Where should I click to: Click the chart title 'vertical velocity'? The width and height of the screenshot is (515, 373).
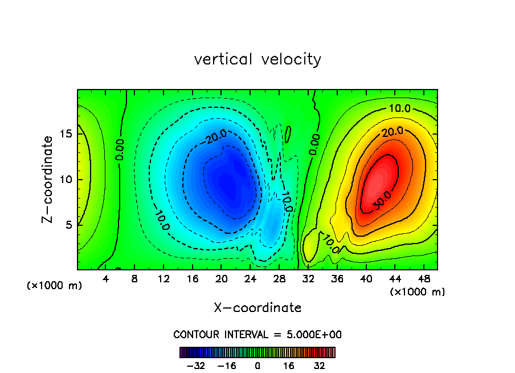click(x=257, y=59)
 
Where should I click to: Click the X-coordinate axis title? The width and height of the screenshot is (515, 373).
click(x=257, y=308)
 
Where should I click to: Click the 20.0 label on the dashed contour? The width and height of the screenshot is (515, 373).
click(x=217, y=136)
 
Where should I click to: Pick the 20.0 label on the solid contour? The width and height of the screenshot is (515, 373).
click(x=393, y=132)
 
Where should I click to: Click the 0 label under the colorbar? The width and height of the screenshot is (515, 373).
click(x=257, y=366)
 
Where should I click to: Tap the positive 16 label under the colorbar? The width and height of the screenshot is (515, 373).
click(x=289, y=366)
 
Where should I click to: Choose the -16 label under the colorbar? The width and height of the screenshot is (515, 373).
click(x=227, y=366)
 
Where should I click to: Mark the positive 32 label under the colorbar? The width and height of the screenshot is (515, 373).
click(x=319, y=366)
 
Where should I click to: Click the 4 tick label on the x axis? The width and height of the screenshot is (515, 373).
click(x=106, y=279)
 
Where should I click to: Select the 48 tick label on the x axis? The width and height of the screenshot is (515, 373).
click(x=423, y=279)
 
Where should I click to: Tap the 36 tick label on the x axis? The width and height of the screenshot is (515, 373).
click(x=337, y=279)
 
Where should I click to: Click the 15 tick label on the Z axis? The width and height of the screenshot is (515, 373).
click(x=64, y=135)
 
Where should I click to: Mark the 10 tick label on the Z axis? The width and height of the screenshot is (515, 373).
click(x=64, y=180)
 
